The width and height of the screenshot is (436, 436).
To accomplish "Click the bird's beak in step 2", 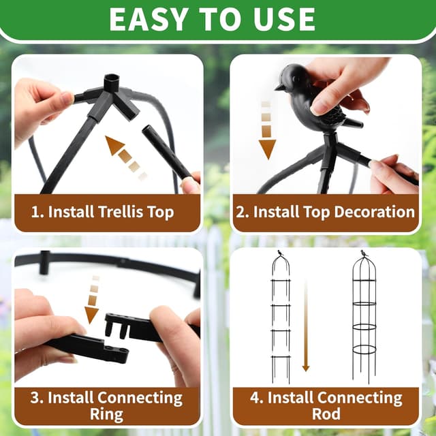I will click(278, 87).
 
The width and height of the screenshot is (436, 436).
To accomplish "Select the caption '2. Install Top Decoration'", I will click(325, 212).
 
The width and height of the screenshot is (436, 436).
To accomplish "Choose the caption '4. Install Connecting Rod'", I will click(325, 405).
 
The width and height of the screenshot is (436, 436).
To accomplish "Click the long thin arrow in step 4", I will click(306, 327).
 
